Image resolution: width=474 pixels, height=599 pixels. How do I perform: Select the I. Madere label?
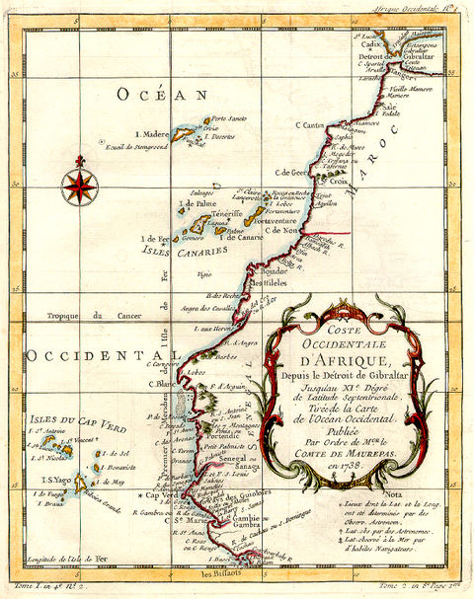pos(150,133)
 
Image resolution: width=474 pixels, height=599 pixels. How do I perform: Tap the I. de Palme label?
pos(197,202)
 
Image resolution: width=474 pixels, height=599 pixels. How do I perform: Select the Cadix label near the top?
pos(372,44)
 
